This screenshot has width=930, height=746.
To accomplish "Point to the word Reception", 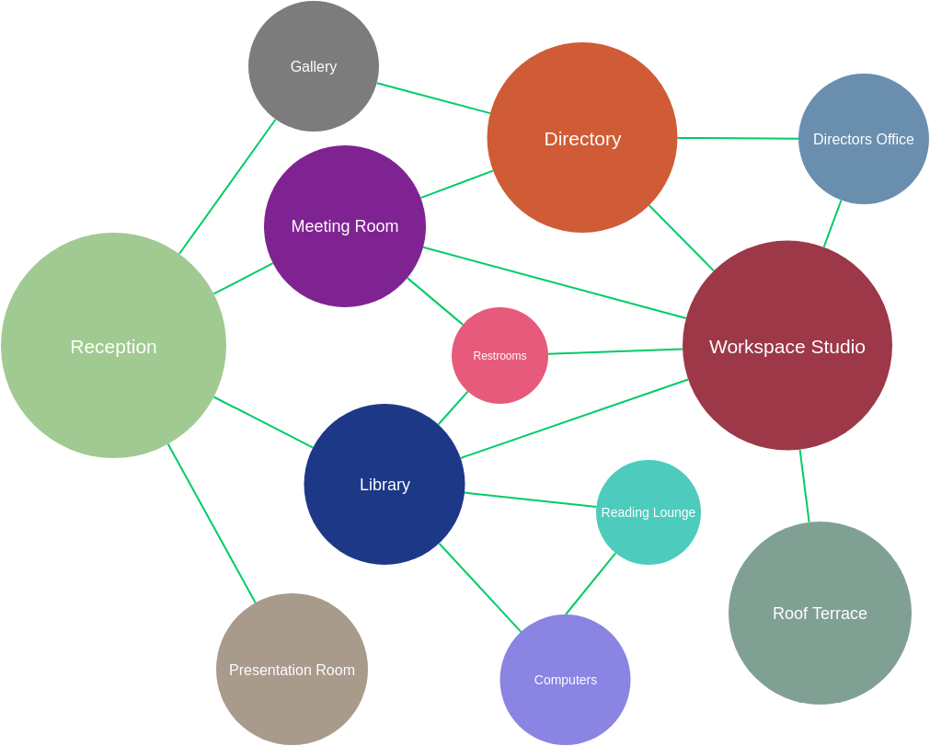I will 113,347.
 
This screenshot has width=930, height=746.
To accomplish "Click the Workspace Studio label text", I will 786,347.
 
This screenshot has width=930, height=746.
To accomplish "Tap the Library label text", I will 385,485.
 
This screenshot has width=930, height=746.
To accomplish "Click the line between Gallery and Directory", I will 433,98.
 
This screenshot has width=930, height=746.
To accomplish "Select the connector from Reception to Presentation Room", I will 212,523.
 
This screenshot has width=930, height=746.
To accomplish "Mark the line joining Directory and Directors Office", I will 738,139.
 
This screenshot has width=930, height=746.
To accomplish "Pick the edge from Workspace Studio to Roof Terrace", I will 805,487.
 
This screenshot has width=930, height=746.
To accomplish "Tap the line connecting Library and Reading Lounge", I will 531,499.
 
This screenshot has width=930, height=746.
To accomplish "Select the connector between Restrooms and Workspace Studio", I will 615,351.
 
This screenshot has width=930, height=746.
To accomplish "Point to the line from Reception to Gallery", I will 227,187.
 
